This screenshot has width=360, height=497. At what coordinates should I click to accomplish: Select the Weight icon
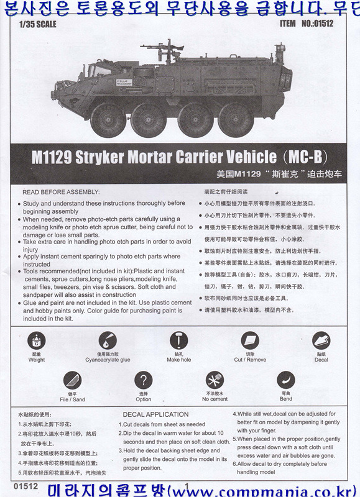(37, 340)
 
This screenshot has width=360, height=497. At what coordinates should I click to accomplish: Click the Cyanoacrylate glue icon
(107, 340)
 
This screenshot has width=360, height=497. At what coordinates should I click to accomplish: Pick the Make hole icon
(178, 340)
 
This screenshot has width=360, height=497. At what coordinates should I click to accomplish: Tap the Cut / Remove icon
(250, 340)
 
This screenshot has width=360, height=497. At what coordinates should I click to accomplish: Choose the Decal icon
(321, 340)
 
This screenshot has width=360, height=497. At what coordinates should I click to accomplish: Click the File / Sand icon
(72, 380)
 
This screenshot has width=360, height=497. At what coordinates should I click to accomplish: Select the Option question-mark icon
(144, 380)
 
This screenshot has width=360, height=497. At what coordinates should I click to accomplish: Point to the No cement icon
(215, 380)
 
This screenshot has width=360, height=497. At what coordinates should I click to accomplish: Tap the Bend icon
(285, 380)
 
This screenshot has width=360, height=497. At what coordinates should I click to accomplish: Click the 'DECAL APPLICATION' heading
(155, 414)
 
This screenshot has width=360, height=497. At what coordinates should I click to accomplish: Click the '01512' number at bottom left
(21, 488)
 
